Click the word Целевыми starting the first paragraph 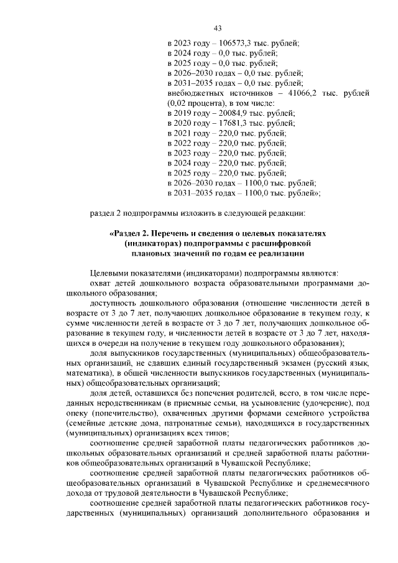click(109, 273)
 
